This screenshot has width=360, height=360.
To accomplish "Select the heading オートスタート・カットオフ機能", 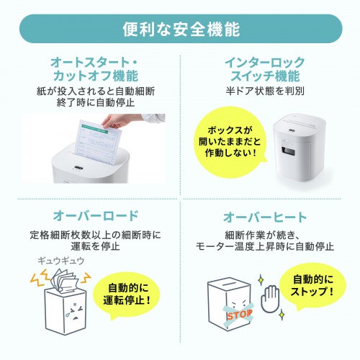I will pyautogui.click(x=91, y=68).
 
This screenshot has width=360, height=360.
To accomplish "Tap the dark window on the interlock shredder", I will pyautogui.click(x=290, y=154).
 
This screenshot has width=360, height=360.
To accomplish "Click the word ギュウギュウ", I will pyautogui.click(x=60, y=261).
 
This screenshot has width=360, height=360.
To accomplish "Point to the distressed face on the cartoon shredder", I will pyautogui.click(x=68, y=312).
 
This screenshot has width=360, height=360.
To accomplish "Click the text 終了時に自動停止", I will pyautogui.click(x=91, y=103).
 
